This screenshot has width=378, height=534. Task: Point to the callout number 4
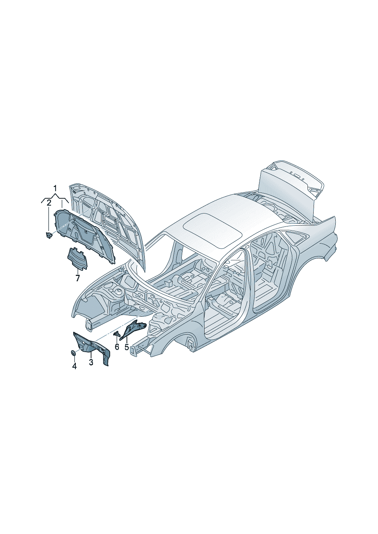[x=74, y=373]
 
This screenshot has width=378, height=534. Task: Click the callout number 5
[x=127, y=347]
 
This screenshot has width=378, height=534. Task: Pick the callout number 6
[x=117, y=347]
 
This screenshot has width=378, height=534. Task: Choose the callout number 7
[x=78, y=278]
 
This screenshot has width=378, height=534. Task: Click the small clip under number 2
[x=49, y=236]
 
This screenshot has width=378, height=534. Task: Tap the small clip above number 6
[x=116, y=333]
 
